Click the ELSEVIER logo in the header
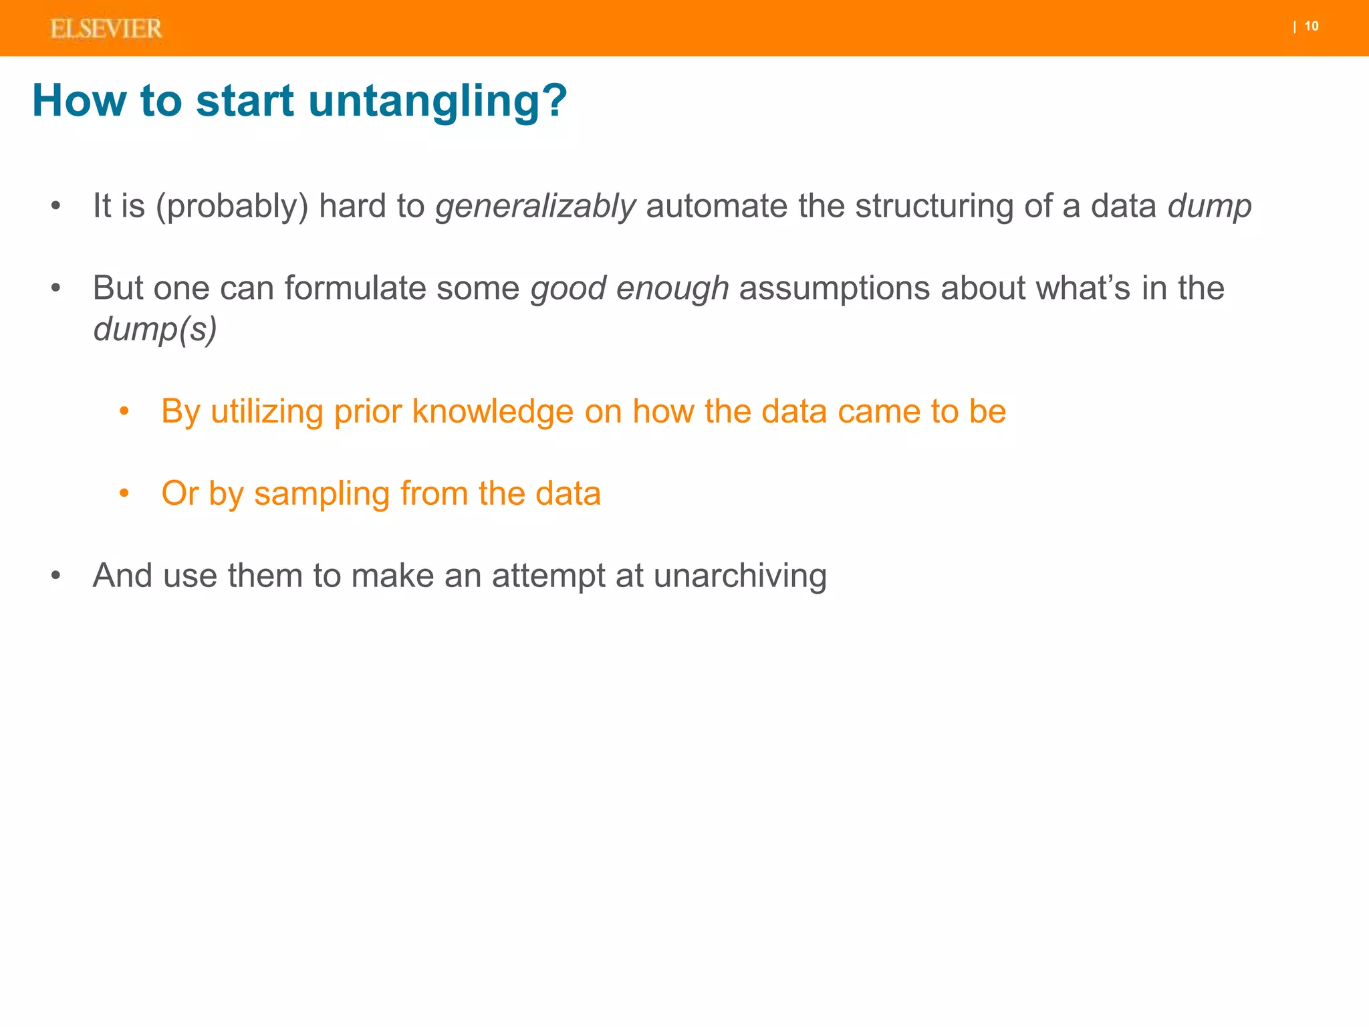(106, 29)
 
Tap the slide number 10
(1311, 26)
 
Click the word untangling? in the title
(437, 101)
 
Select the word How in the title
(79, 101)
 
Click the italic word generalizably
(535, 206)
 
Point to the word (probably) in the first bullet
(232, 206)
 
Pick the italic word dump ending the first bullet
(1209, 206)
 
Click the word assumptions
(834, 288)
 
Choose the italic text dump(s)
(155, 329)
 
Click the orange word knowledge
(493, 411)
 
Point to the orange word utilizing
(267, 411)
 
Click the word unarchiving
(740, 576)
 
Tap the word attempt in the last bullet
(548, 576)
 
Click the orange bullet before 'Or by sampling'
(124, 493)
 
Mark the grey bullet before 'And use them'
(55, 576)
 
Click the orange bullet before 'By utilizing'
(124, 411)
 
